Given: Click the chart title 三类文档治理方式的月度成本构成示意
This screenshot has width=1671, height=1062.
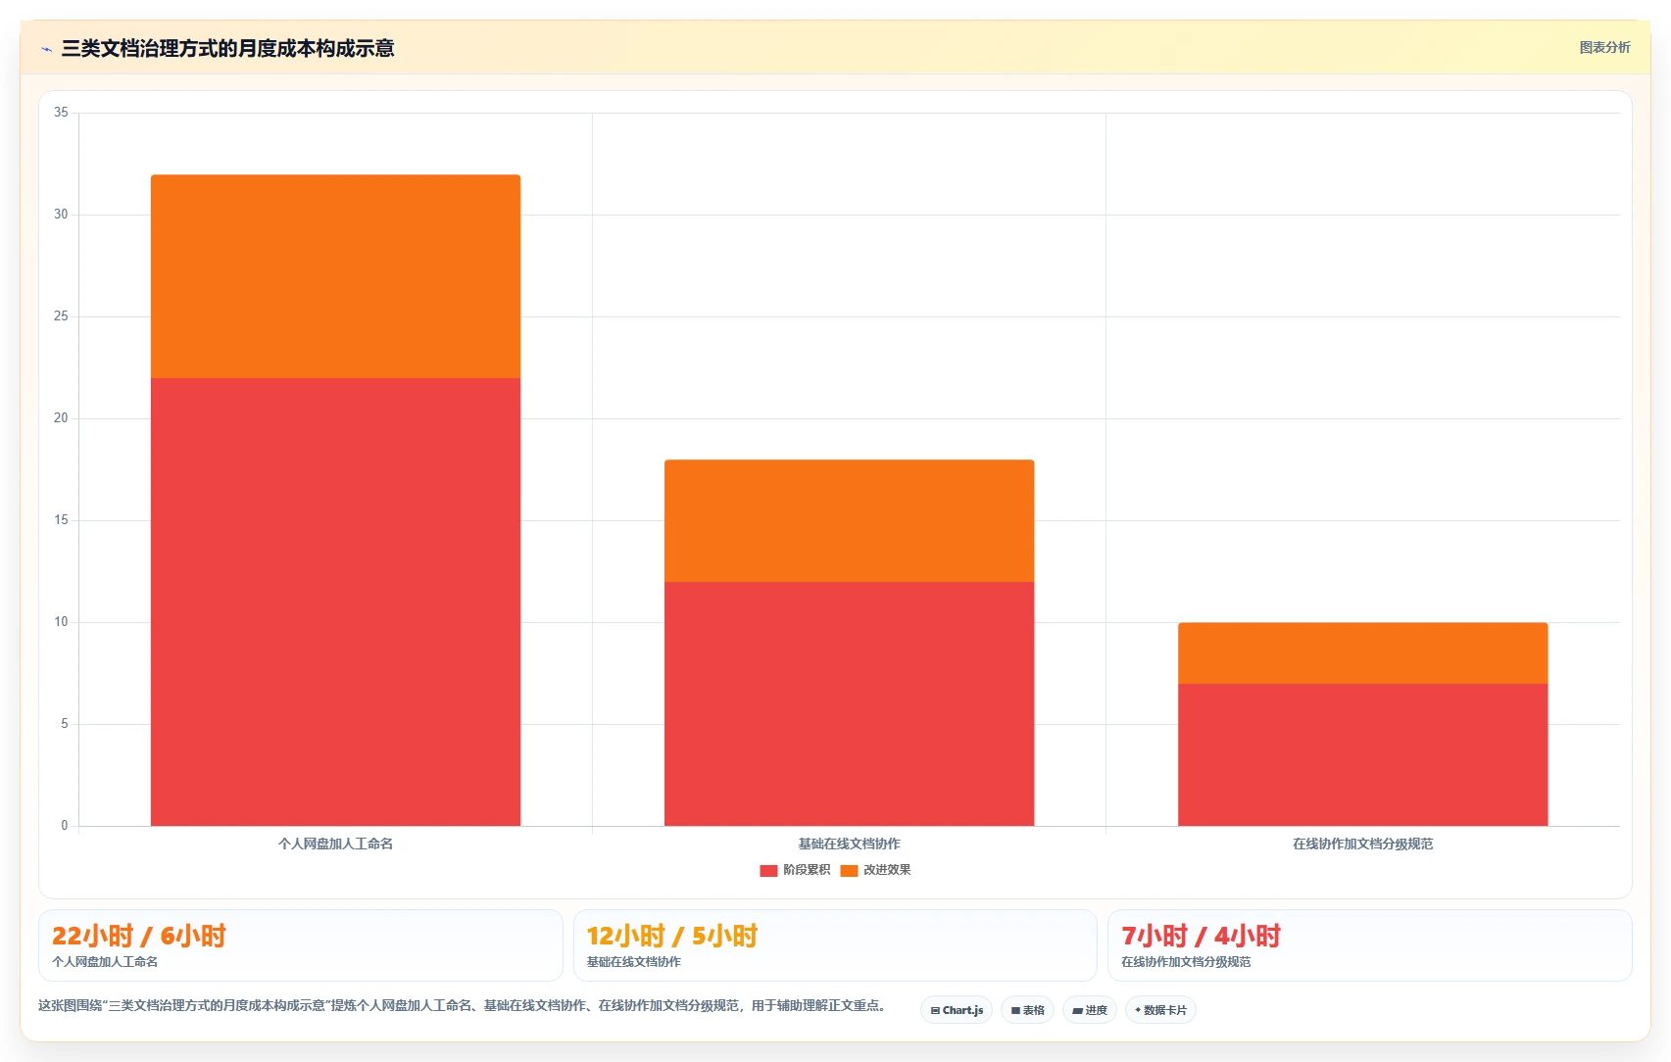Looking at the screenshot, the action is [227, 48].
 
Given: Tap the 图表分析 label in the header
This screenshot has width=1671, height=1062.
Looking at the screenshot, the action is [1604, 48].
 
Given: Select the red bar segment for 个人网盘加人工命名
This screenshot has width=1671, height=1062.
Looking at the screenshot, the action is [336, 602].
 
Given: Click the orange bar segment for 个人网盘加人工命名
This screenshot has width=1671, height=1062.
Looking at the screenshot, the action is [336, 276].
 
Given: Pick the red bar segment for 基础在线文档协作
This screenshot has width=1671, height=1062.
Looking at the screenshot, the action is [849, 703].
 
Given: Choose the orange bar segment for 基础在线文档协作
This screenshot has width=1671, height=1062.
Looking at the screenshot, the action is [849, 520].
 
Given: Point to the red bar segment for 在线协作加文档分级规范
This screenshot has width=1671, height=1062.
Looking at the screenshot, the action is [1363, 754].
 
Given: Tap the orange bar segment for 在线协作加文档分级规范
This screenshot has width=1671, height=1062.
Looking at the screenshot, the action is [1363, 653].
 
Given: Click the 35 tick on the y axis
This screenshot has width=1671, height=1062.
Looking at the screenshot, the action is [61, 113].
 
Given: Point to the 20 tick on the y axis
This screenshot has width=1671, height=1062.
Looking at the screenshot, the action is [61, 418].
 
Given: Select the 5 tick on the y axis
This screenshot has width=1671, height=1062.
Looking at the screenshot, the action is [65, 724].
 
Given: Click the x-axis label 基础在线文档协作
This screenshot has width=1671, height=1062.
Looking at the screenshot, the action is [849, 845].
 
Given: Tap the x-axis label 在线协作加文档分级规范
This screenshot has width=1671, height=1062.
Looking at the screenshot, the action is [1363, 845].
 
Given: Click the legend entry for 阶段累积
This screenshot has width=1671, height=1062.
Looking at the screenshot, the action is [795, 870].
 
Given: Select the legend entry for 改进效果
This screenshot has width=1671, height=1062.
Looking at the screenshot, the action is [875, 870].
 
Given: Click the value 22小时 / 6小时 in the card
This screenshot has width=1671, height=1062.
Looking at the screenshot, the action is [139, 936].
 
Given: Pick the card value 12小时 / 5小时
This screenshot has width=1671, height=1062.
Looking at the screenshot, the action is [672, 936].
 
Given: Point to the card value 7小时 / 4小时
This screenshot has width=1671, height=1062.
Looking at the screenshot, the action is [1201, 936].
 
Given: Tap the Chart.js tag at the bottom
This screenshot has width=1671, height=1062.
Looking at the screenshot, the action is [957, 1010].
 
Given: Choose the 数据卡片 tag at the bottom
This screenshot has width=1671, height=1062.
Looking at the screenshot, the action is [1160, 1010].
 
